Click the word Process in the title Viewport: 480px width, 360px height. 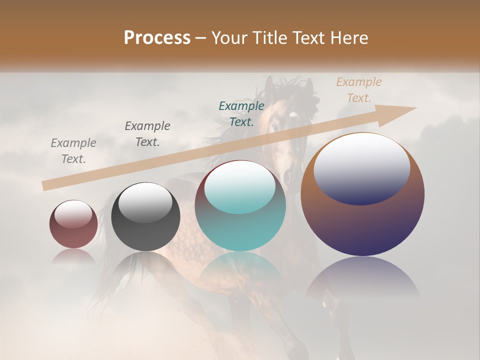157,38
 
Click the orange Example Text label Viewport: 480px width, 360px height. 358,90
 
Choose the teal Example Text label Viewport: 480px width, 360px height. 241,113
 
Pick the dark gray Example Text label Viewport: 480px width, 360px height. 147,134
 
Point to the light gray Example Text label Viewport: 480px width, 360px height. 73,151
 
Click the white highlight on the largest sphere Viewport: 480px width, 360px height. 361,167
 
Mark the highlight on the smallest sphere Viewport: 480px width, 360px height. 73,214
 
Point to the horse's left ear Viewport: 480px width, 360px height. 270,85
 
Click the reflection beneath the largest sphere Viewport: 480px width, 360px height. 362,280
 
